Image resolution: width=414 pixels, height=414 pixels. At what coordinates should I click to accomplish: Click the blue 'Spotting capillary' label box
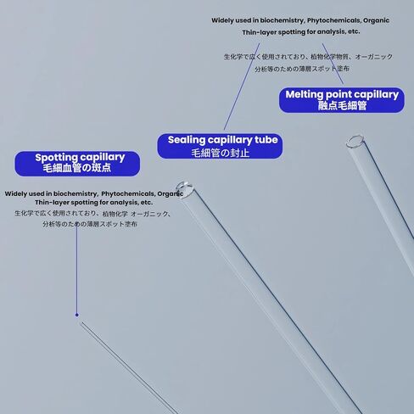[77, 164]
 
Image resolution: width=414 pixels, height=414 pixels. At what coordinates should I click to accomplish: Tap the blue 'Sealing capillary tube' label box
[220, 146]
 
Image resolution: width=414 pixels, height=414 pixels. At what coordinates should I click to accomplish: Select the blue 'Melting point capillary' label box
[342, 100]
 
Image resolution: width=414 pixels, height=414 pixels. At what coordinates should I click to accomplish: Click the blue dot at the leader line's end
[77, 315]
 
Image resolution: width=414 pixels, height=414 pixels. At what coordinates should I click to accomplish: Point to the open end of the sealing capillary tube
[184, 189]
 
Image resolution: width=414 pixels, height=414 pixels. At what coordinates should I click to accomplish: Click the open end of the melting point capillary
[355, 141]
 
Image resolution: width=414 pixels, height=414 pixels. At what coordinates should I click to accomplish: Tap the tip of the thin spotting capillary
[81, 322]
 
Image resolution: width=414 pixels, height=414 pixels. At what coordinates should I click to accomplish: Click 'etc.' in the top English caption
[354, 31]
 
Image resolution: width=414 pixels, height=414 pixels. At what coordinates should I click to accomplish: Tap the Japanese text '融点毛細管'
[342, 106]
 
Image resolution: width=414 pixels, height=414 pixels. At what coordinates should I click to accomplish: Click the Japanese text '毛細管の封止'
[220, 153]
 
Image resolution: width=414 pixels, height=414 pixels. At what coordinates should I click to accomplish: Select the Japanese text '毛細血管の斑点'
[77, 168]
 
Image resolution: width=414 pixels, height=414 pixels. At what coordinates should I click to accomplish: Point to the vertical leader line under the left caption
[76, 270]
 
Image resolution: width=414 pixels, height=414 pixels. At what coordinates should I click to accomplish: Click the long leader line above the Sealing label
[242, 87]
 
